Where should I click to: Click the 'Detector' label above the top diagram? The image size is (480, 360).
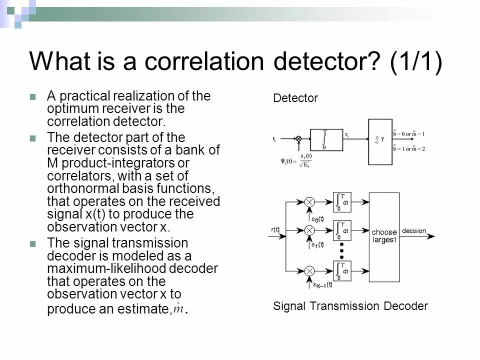pos(295,98)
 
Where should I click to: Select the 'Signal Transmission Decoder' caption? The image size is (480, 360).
pos(350,306)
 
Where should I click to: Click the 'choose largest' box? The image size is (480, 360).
pos(384,235)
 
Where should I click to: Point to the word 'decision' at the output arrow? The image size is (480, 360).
pos(413,231)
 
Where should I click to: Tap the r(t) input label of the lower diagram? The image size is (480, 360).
pos(275,230)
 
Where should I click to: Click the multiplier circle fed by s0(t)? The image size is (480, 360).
pos(309,202)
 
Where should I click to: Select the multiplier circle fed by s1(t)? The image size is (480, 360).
pos(309,230)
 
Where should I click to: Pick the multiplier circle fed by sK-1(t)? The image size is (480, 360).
pos(309,270)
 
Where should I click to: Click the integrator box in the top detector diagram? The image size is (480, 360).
pos(326,139)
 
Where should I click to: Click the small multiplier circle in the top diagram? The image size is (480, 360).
pos(298,138)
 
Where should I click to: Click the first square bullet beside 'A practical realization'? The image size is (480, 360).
pos(33,96)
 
